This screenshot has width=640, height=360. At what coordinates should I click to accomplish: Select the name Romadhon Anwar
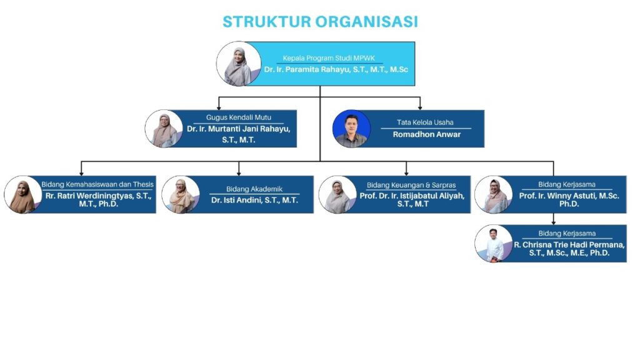point(426,134)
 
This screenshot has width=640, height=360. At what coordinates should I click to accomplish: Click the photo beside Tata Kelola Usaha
point(351,129)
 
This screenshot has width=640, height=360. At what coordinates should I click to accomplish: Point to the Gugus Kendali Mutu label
point(238,117)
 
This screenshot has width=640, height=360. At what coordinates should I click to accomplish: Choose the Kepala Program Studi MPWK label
point(329,58)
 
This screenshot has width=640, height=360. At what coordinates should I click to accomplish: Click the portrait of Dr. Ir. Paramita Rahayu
point(239,64)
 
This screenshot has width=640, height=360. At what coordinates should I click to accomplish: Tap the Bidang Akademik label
point(254,189)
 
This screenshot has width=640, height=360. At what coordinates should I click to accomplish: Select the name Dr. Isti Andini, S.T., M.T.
point(254,200)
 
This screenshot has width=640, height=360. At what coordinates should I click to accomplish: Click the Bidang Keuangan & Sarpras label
point(411,185)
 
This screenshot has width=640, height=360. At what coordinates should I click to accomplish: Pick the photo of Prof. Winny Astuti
point(494,195)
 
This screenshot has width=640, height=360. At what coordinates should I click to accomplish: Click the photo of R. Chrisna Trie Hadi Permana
point(494,244)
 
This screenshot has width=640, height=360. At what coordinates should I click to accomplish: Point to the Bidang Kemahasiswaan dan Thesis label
point(97,184)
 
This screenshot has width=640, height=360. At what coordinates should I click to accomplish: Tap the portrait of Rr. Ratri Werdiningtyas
point(23,195)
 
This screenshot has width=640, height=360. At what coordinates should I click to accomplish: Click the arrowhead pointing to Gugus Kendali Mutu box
point(219,107)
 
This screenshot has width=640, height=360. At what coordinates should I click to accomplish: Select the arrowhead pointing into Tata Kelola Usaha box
point(420,107)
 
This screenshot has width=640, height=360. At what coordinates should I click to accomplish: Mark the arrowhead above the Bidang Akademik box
point(239,174)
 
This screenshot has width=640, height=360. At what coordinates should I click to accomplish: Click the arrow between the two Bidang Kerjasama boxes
point(554,219)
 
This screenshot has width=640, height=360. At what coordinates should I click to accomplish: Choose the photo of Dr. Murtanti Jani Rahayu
point(164,129)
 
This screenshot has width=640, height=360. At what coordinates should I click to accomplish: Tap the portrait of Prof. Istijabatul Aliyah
point(337,195)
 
